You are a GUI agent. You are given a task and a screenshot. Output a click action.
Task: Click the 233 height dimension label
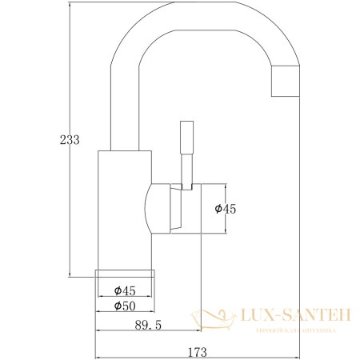click(x=70, y=139)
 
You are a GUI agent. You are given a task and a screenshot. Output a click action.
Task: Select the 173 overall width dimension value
click(x=197, y=350)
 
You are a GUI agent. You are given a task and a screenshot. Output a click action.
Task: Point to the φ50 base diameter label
click(x=124, y=306)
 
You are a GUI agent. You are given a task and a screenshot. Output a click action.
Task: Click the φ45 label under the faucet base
click(x=124, y=290)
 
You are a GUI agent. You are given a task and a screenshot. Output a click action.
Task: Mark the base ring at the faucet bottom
click(x=124, y=274)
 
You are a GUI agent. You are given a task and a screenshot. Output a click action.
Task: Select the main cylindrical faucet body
click(x=124, y=208)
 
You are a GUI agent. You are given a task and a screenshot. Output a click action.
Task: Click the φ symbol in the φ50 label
click(x=117, y=306)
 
